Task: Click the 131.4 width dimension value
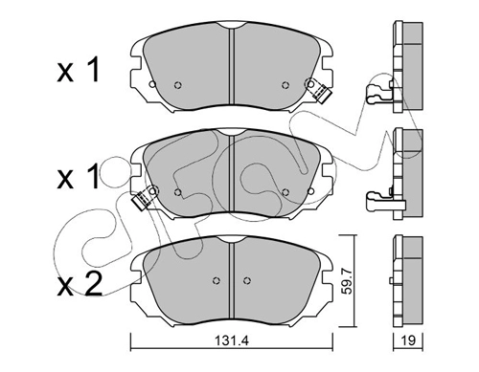pyautogui.click(x=232, y=341)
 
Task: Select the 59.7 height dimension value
pyautogui.click(x=347, y=281)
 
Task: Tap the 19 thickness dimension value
pyautogui.click(x=408, y=340)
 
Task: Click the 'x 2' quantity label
pyautogui.click(x=80, y=285)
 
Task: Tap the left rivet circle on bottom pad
pyautogui.click(x=217, y=280)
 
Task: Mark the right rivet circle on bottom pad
pyautogui.click(x=246, y=280)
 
